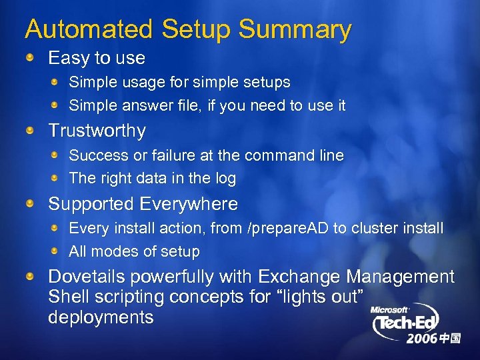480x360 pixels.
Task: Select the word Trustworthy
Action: pyautogui.click(x=97, y=131)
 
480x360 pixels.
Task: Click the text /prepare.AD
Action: pyautogui.click(x=288, y=229)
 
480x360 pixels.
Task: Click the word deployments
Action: pyautogui.click(x=101, y=317)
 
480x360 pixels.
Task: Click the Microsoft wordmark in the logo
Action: pyautogui.click(x=390, y=309)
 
